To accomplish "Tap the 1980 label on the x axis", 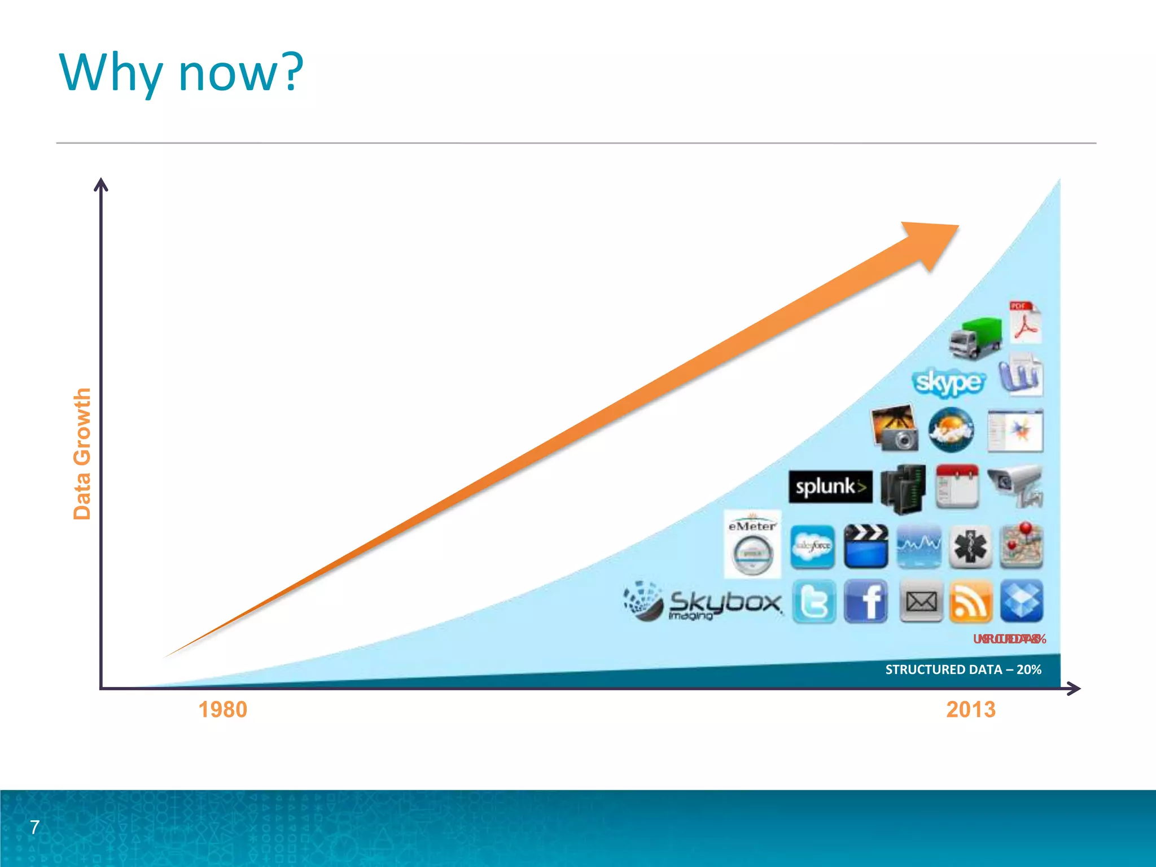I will tap(222, 710).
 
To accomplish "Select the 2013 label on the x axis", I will tap(971, 710).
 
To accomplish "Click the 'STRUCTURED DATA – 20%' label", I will tap(963, 669).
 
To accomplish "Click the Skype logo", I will tap(948, 382).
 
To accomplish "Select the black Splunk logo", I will tap(830, 487).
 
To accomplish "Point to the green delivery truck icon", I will tap(975, 338).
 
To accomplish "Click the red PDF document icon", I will tap(1025, 322).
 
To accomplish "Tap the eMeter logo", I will tap(752, 544).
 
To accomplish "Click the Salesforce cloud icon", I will tap(812, 546).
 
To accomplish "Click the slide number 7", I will tap(34, 827).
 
